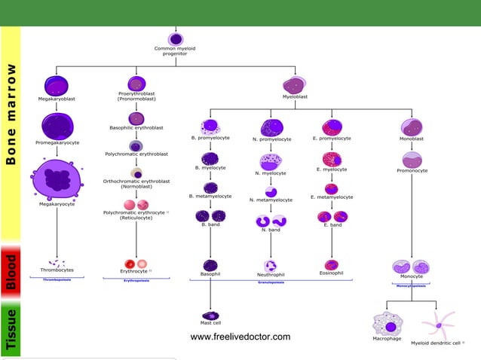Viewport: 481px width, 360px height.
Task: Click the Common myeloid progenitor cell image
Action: pyautogui.click(x=176, y=38)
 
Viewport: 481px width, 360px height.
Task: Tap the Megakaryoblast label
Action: pyautogui.click(x=57, y=98)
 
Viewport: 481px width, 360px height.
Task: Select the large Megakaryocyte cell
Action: pyautogui.click(x=55, y=178)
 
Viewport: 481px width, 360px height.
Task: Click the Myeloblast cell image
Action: pyautogui.click(x=293, y=85)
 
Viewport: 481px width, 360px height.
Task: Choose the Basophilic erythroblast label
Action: pyautogui.click(x=136, y=128)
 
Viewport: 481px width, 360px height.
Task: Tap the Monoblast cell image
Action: pyautogui.click(x=412, y=127)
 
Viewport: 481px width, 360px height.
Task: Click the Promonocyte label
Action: pyautogui.click(x=412, y=171)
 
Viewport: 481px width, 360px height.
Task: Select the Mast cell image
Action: pyautogui.click(x=210, y=317)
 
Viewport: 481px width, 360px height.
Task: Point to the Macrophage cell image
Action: pyautogui.click(x=389, y=325)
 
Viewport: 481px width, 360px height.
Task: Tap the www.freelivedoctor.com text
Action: pyautogui.click(x=240, y=337)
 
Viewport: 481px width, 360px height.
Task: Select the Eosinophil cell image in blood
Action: pyautogui.click(x=331, y=264)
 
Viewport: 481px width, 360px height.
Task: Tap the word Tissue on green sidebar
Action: pyautogui.click(x=11, y=332)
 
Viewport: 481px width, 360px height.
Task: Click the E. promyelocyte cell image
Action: pyautogui.click(x=331, y=127)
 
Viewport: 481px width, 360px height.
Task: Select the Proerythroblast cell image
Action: pyautogui.click(x=136, y=83)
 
